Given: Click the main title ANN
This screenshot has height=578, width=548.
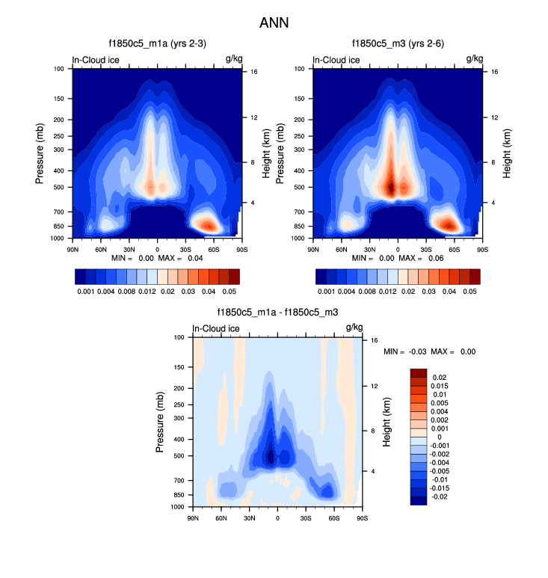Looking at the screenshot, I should click(x=274, y=23).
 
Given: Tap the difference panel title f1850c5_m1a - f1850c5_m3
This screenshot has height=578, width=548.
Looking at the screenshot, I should click(x=277, y=313).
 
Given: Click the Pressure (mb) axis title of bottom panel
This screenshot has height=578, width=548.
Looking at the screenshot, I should click(x=160, y=422).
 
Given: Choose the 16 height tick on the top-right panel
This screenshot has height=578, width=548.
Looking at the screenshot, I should click(x=495, y=72).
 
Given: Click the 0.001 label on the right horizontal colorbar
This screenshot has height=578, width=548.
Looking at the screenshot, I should click(x=327, y=291).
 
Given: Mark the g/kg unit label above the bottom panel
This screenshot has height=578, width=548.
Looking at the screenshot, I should click(x=354, y=328).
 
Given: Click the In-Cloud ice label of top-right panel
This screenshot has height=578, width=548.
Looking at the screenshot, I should click(x=336, y=60).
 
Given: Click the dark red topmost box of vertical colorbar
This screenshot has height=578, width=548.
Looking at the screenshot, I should click(x=419, y=372).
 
